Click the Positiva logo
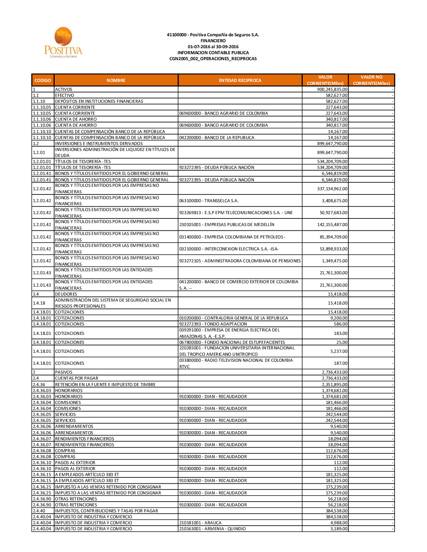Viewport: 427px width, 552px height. coord(63,42)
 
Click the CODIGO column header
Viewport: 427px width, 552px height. coord(43,80)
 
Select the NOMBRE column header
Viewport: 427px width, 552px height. coord(116,80)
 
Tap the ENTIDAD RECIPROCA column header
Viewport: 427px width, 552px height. coord(240,80)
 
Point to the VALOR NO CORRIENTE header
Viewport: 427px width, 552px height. coord(371,80)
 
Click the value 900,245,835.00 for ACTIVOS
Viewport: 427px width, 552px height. coord(332,90)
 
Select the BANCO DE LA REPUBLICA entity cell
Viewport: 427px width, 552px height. coord(217,138)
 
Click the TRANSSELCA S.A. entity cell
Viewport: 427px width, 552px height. coord(209,200)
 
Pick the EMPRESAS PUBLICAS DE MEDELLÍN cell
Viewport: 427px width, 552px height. coord(227,224)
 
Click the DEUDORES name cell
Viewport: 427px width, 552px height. coord(66,294)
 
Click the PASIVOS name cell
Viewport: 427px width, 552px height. coord(64,372)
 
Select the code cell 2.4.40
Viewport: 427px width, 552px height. coord(39,511)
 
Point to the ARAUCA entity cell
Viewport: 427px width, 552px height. coord(200,523)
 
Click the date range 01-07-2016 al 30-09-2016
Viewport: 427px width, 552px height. coord(213,47)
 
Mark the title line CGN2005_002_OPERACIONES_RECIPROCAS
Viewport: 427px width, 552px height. coord(213,59)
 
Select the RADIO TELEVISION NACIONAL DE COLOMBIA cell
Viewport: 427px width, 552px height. coord(236,363)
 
